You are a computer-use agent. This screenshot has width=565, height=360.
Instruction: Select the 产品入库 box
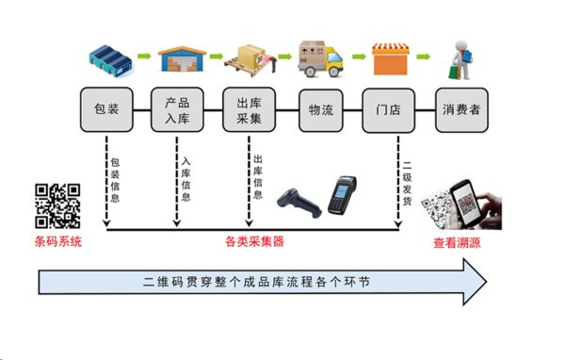[177, 110]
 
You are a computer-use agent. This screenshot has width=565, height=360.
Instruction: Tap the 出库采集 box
[249, 110]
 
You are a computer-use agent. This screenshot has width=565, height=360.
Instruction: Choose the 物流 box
[320, 110]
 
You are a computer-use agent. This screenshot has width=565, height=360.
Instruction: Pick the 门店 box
[389, 110]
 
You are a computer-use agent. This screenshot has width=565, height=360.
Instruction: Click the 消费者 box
[460, 110]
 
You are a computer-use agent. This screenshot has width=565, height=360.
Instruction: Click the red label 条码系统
[57, 242]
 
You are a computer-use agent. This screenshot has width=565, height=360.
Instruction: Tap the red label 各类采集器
[254, 242]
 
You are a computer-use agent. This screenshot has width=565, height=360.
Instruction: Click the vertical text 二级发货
[407, 179]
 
